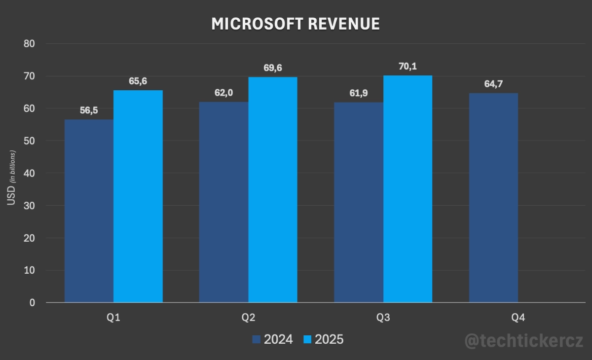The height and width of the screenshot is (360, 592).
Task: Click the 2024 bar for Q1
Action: (89, 211)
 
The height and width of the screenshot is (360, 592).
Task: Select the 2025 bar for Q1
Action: (138, 196)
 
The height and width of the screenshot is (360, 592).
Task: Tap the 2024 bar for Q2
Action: (223, 202)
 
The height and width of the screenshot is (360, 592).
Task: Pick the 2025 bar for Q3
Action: (407, 189)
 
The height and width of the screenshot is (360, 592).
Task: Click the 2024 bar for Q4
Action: (493, 198)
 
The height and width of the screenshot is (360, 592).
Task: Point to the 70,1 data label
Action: (407, 66)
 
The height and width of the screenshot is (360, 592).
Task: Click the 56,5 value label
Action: (89, 110)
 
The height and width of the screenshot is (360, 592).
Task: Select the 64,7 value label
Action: (493, 84)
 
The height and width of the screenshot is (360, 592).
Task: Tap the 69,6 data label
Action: (273, 68)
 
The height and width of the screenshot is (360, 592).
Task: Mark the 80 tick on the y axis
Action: (29, 43)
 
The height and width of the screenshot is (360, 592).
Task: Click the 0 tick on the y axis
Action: (32, 303)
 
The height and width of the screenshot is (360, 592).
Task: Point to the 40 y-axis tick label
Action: (29, 173)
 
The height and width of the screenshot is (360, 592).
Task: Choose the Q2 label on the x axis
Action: (248, 318)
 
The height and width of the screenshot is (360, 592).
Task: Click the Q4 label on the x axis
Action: (518, 318)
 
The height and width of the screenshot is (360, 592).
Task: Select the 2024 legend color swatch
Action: (256, 339)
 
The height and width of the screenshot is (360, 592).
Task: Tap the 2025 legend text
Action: (329, 339)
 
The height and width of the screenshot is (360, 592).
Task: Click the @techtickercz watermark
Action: (524, 340)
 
